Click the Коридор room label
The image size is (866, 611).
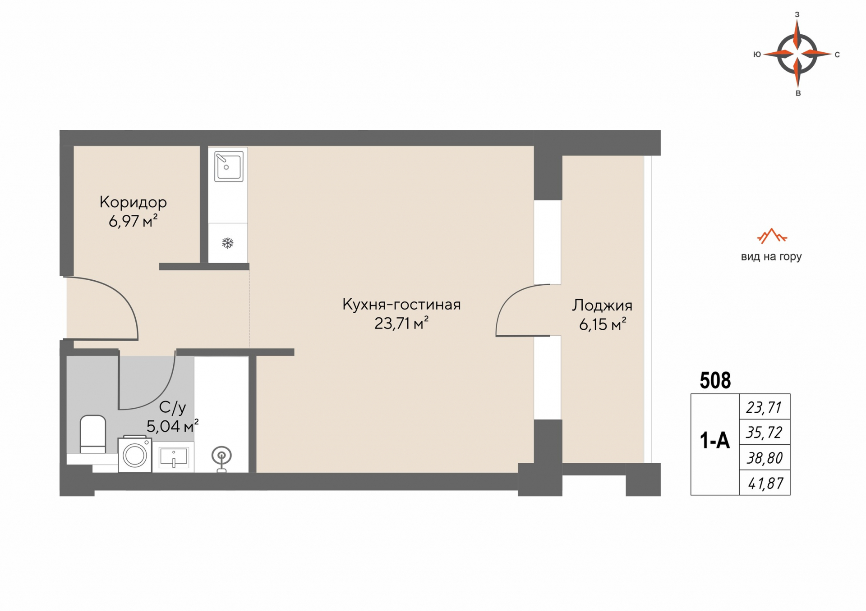(133, 202)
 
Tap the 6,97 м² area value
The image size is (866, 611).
(133, 221)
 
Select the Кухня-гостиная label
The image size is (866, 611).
(401, 304)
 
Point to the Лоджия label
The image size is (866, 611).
(602, 305)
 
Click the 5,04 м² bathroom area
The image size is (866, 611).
(172, 426)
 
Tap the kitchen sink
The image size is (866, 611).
(229, 166)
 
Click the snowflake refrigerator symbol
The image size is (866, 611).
(228, 243)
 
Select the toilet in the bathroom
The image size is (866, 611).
(93, 434)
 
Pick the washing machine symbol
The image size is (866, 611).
(135, 454)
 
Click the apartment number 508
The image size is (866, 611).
(715, 381)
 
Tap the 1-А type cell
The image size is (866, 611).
(715, 440)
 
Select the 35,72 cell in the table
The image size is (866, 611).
(765, 433)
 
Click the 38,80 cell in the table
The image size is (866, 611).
(765, 458)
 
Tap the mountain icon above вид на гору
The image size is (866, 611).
(772, 236)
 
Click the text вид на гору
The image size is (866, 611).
(771, 257)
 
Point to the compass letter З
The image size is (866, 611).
(797, 14)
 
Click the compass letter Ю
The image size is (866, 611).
(757, 54)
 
